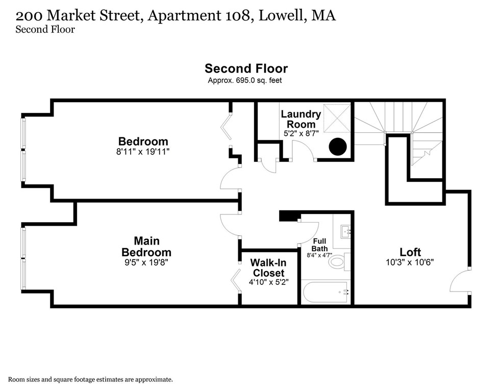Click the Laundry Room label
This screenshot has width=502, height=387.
[x=300, y=119]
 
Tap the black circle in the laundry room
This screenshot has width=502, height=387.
[x=338, y=147]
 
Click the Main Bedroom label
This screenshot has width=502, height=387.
[x=146, y=246]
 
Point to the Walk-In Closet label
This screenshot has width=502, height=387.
[x=268, y=268]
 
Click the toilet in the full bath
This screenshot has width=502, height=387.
[x=337, y=262]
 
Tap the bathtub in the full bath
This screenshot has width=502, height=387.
[x=325, y=293]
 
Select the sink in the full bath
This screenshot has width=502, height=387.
[x=346, y=232]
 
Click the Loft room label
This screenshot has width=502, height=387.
[x=410, y=252]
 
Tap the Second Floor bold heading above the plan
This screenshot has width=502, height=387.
[x=246, y=68]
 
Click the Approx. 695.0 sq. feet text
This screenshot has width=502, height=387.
[x=245, y=81]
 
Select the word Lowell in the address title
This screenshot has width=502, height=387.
[x=281, y=16]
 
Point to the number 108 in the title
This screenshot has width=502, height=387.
[x=235, y=16]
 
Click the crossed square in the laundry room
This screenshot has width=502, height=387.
[x=337, y=118]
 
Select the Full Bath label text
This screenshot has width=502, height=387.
[x=319, y=245]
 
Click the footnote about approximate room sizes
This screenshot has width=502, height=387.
[x=90, y=379]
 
